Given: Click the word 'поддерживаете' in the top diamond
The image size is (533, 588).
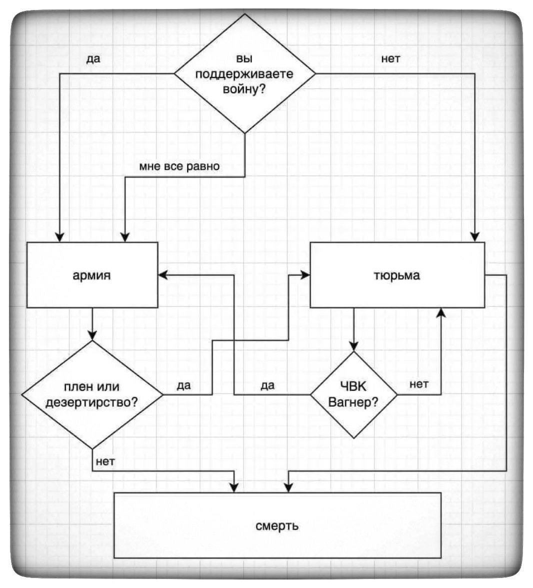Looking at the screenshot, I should click(x=244, y=74).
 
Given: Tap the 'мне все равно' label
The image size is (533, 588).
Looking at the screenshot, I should click(x=179, y=166).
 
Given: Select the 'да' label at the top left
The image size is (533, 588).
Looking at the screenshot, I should click(x=93, y=58).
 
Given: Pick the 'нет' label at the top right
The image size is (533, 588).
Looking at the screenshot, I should click(x=390, y=58).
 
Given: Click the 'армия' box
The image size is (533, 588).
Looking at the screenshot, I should click(x=92, y=275).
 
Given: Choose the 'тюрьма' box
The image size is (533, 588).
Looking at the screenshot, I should click(x=397, y=275).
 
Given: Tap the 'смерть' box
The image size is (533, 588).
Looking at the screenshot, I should click(x=277, y=525).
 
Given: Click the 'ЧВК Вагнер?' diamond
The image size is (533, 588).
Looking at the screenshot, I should click(x=353, y=395).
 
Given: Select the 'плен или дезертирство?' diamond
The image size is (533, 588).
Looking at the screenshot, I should click(x=92, y=395).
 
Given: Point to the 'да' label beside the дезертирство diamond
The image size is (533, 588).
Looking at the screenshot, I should click(x=183, y=386).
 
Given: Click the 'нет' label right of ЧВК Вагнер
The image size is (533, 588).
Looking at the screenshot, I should click(x=418, y=384).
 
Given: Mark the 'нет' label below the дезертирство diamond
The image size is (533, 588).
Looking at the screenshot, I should click(x=105, y=461).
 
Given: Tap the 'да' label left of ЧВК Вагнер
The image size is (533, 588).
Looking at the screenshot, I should click(x=267, y=386).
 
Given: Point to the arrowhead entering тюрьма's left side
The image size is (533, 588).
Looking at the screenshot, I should click(x=305, y=274).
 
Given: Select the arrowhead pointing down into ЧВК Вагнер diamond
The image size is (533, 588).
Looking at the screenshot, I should click(x=353, y=346).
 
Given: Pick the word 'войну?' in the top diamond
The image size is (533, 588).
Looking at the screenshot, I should click(x=244, y=89).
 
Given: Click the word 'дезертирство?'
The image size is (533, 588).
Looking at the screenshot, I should click(x=92, y=402).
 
